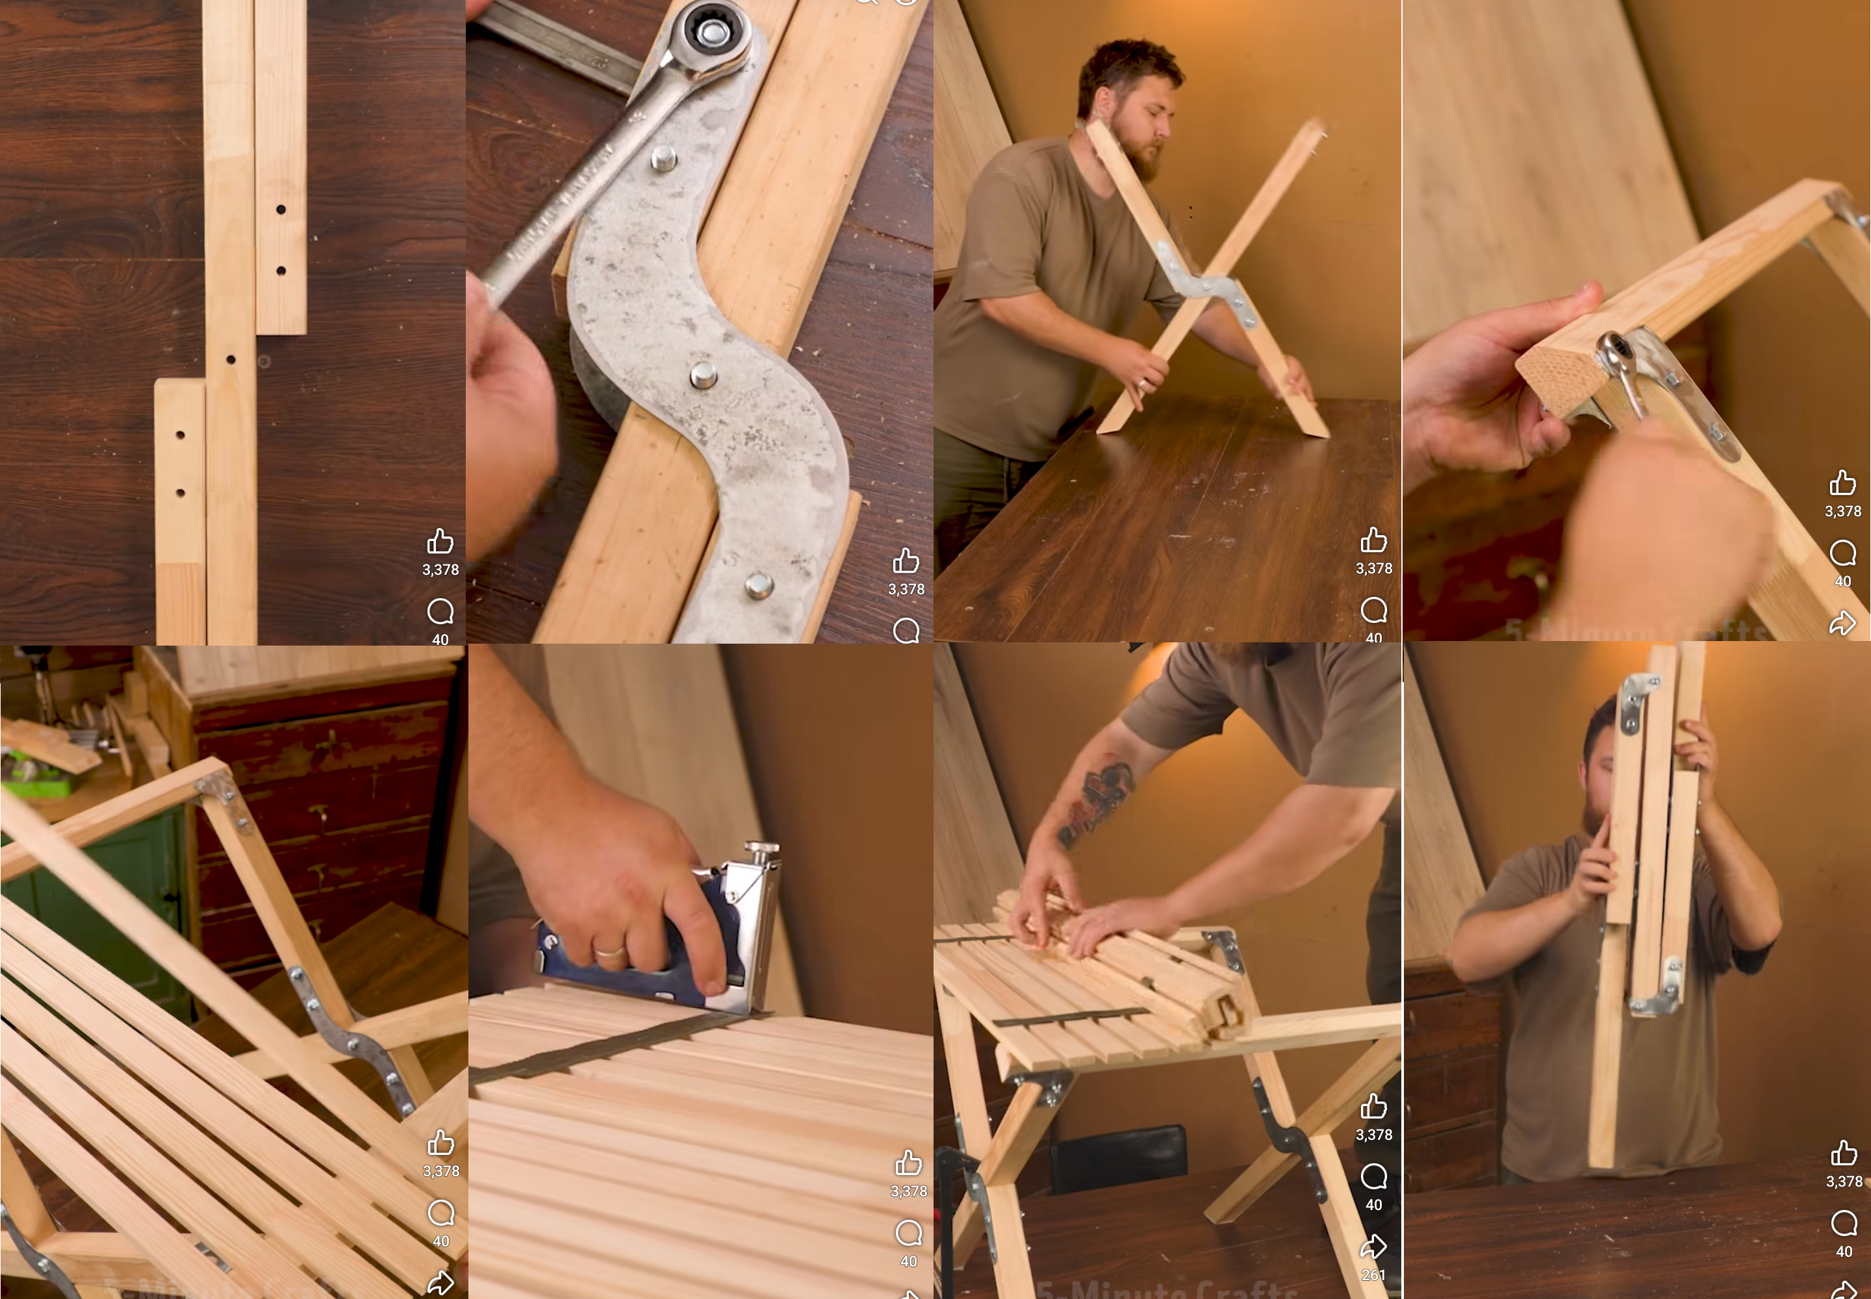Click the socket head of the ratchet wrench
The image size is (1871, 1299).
(x=711, y=32)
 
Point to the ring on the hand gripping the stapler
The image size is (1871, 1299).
(x=609, y=950)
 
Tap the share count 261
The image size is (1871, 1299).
(x=1373, y=1274)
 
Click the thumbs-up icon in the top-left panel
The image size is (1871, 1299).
(x=440, y=541)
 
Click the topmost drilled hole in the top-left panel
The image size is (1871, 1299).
(x=281, y=209)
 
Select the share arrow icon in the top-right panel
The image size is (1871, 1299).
(x=1842, y=624)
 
